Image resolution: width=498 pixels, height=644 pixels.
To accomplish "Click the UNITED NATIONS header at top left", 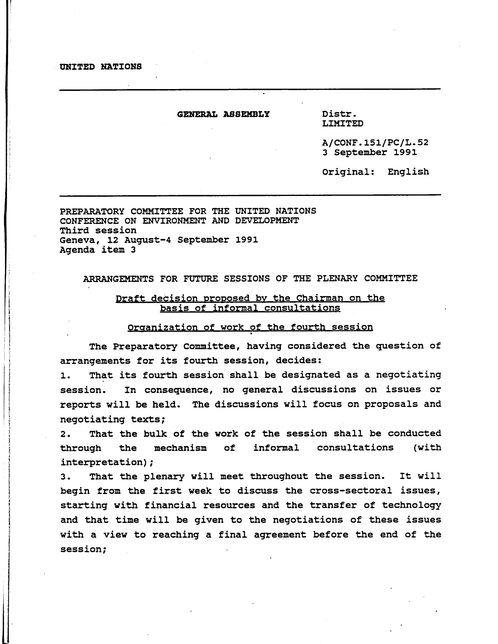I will (x=101, y=67).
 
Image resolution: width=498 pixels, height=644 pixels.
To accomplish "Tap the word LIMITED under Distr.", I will (x=343, y=124).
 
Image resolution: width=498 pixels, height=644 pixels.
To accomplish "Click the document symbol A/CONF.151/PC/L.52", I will (x=375, y=143).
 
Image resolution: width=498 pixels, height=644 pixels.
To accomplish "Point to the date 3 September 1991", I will (x=369, y=152).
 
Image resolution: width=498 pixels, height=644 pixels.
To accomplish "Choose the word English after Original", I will (x=408, y=172).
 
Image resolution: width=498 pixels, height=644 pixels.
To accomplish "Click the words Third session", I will (x=98, y=230).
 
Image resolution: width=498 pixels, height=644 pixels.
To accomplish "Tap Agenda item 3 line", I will (x=98, y=250).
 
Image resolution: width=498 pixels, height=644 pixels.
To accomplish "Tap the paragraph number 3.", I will (x=64, y=477).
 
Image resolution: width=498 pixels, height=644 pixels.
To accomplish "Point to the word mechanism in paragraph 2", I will (x=180, y=448).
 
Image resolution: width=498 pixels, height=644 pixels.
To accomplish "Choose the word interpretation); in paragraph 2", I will (x=107, y=462).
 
